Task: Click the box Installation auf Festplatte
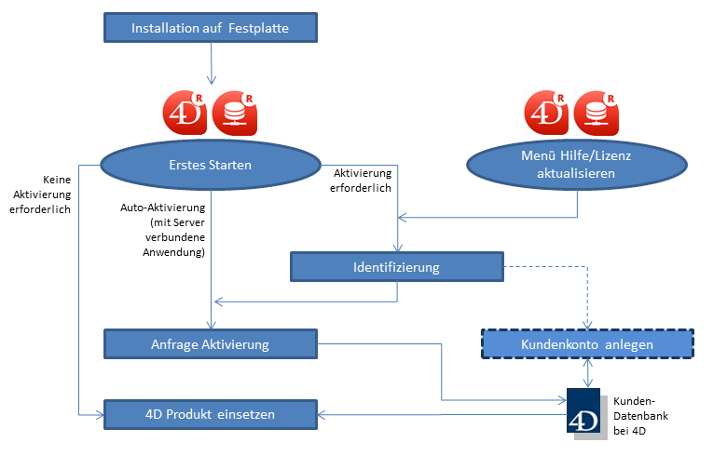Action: click(210, 28)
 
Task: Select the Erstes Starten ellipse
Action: click(213, 167)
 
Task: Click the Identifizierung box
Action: click(397, 268)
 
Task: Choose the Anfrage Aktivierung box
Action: click(211, 344)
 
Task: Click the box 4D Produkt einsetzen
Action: click(210, 414)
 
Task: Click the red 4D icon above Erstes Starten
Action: click(184, 113)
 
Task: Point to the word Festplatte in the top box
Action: click(258, 28)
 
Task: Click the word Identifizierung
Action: click(397, 268)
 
